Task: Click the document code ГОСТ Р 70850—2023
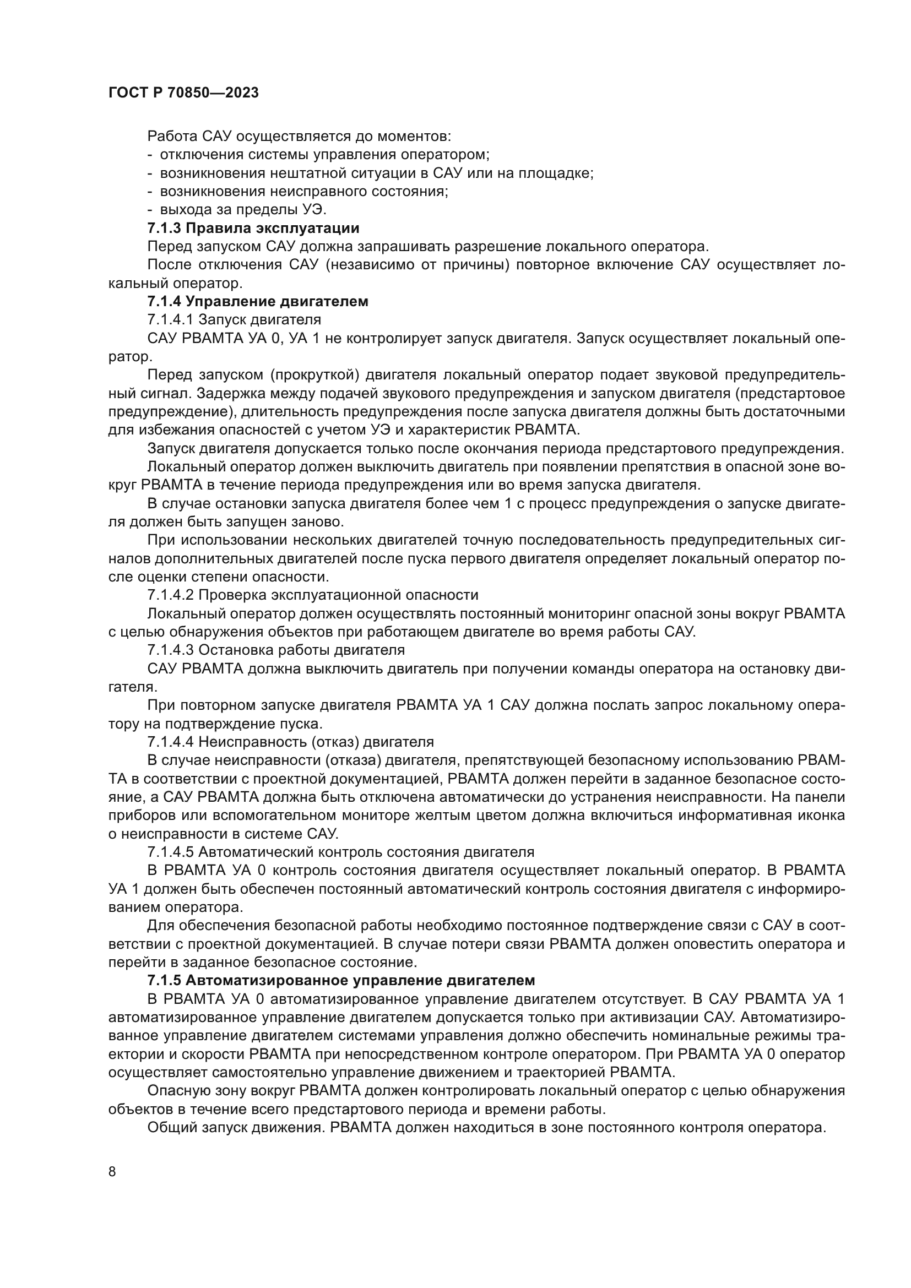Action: click(x=183, y=93)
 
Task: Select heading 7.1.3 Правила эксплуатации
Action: click(x=253, y=229)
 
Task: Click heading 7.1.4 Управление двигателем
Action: click(x=257, y=301)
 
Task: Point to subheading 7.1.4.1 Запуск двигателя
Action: click(x=234, y=320)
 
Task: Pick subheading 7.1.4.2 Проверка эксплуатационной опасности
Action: click(x=312, y=595)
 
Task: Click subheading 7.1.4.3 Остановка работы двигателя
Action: click(x=276, y=650)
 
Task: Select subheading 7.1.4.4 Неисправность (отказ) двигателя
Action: click(x=291, y=742)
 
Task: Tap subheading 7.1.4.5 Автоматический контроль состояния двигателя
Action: click(x=340, y=851)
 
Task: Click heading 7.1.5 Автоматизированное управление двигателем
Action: click(x=341, y=980)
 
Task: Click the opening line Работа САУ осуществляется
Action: click(x=299, y=136)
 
